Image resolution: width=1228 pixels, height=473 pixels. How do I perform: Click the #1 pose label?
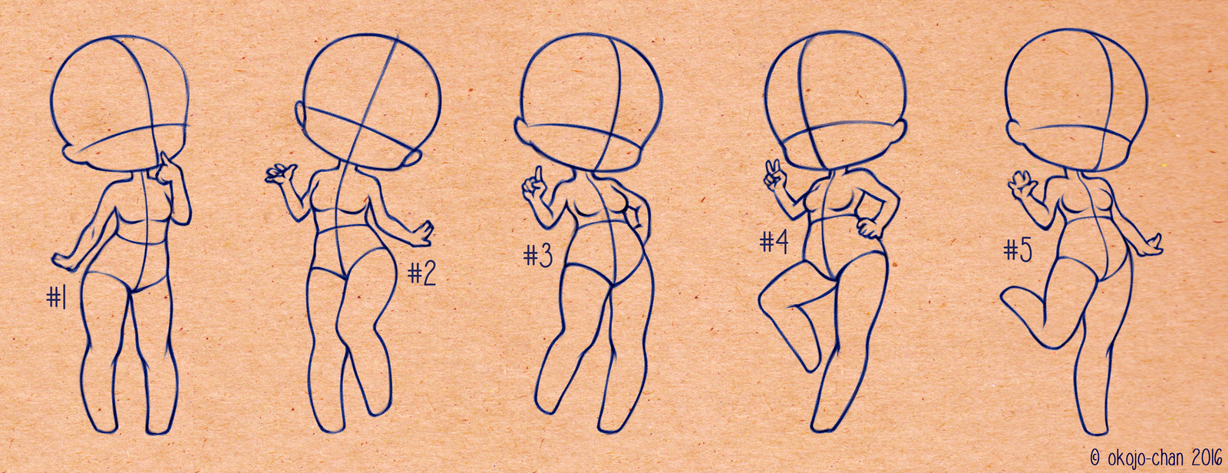click(57, 298)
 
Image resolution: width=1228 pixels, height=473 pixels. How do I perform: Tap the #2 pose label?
click(421, 273)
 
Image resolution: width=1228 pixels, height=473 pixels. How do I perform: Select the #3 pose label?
click(538, 256)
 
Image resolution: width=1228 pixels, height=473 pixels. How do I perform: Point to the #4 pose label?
click(774, 242)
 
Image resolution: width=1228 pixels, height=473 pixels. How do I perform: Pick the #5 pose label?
click(1018, 250)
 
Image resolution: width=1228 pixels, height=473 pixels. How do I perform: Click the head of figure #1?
click(121, 104)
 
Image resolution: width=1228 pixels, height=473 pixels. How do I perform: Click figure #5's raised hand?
click(1021, 185)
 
